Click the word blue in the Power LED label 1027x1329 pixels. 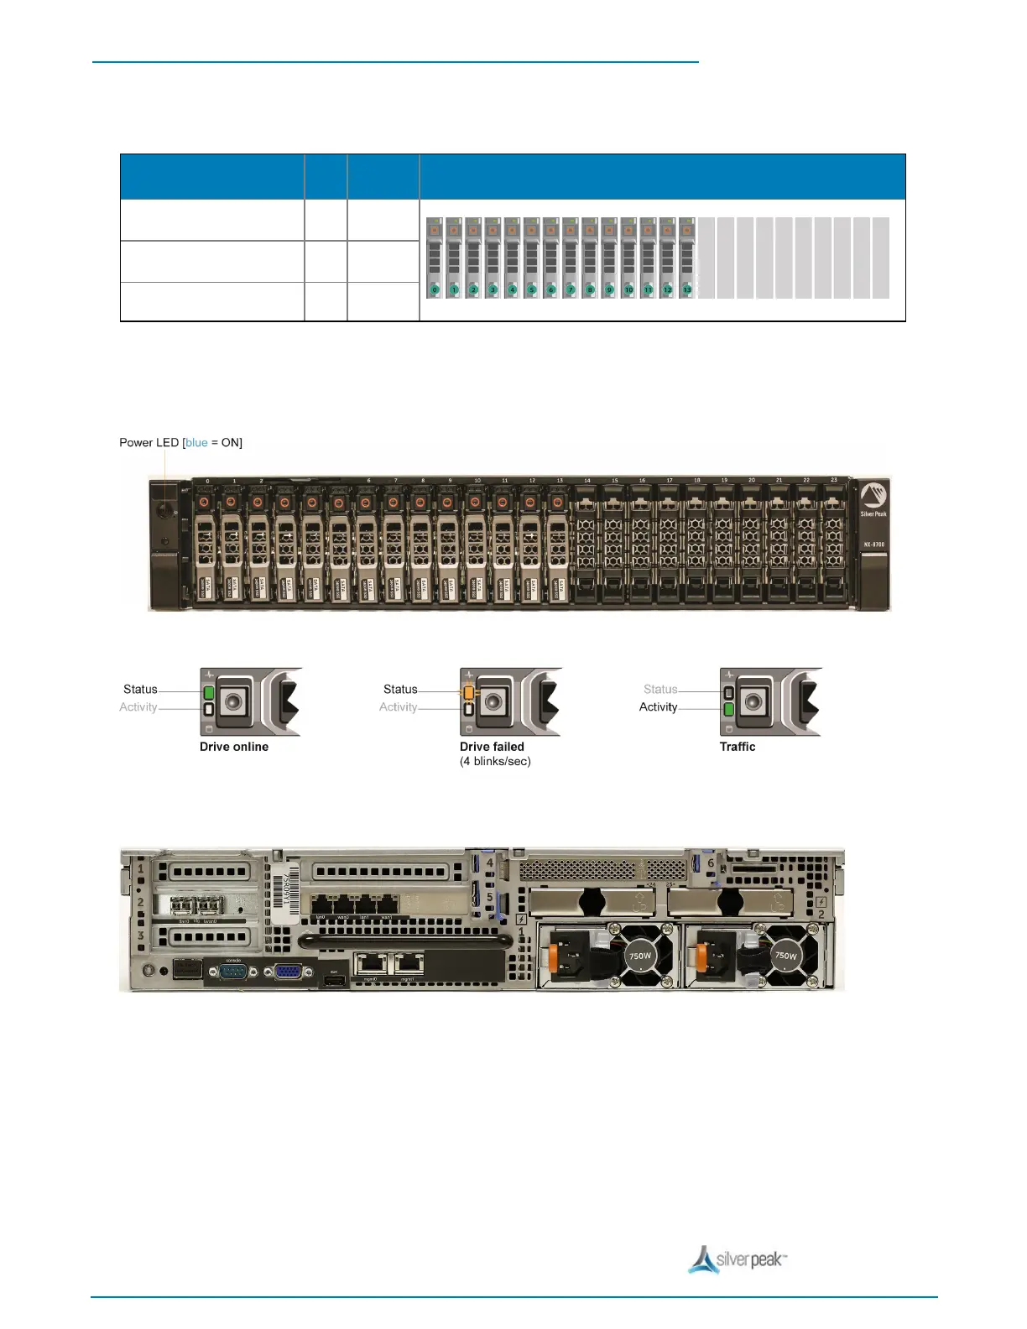(196, 443)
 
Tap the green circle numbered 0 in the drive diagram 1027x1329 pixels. (435, 289)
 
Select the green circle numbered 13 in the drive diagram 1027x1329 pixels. (686, 289)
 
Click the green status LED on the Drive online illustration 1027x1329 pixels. (209, 692)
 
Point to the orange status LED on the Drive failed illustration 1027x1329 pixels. (469, 692)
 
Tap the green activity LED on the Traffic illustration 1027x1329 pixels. (729, 709)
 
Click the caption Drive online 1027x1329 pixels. (234, 747)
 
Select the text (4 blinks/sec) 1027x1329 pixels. (495, 762)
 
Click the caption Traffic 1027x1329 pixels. (738, 747)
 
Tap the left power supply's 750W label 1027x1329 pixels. (640, 956)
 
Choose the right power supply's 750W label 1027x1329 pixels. (786, 956)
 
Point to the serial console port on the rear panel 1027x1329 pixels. (233, 972)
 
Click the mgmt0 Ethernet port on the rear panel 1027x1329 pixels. (370, 965)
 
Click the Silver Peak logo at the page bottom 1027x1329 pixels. (738, 1259)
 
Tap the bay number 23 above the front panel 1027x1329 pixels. (834, 481)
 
